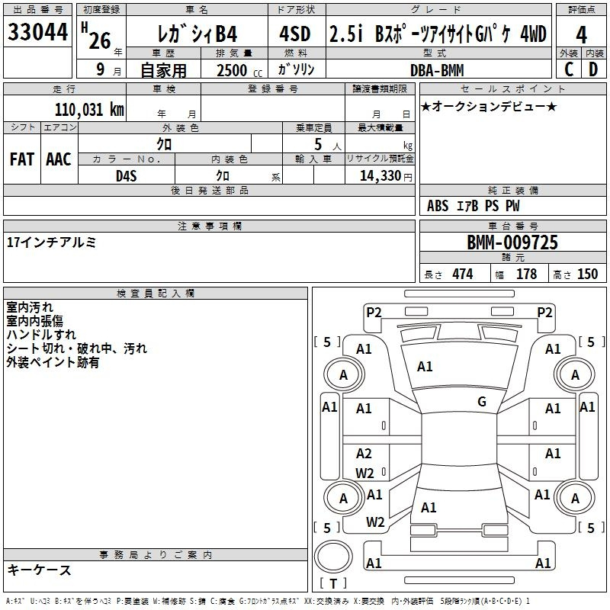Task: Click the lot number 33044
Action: coord(37,32)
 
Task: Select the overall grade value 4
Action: coord(581,35)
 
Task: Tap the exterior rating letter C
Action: coord(569,69)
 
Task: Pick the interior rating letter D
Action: coord(593,69)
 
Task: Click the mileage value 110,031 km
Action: coord(89,109)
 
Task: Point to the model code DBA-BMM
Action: coord(437,70)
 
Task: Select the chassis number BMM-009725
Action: coord(512,242)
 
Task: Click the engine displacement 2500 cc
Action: coord(239,70)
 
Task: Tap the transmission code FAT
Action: coord(22,159)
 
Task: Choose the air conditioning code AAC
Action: coord(59,159)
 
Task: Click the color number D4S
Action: coord(127,176)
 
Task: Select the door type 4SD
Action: coord(295,34)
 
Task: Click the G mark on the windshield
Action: coord(482,401)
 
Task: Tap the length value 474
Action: coord(463,274)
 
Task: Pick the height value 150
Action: coord(587,274)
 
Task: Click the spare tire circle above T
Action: coord(333,556)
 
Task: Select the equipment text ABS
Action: coord(438,206)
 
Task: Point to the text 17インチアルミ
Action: coord(51,242)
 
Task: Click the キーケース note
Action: coord(40,570)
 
